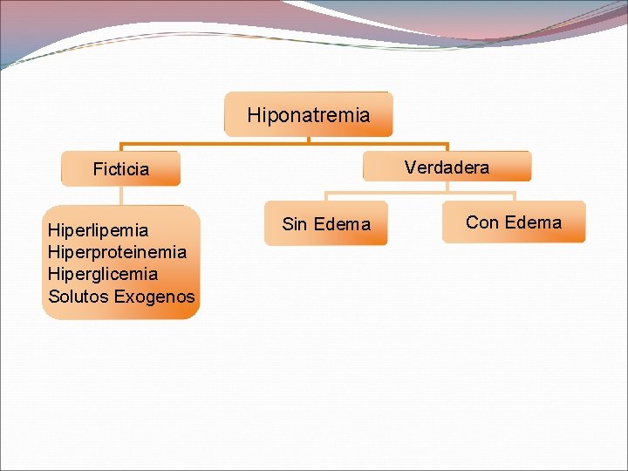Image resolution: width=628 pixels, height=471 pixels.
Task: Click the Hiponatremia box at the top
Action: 309,114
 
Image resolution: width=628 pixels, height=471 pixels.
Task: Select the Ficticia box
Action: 120,169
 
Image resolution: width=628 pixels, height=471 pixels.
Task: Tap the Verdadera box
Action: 447,167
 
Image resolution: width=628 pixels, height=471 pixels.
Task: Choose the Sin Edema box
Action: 326,224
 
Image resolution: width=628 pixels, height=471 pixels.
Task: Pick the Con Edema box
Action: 514,222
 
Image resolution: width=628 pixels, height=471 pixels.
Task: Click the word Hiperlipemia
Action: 99,230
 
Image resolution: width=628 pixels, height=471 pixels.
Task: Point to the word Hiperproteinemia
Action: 117,252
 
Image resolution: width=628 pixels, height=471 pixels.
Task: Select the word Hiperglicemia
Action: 103,274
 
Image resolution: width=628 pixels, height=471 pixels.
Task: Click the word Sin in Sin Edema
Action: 295,224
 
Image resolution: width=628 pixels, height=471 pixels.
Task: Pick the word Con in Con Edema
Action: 481,222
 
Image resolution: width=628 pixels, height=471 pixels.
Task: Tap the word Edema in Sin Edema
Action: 342,224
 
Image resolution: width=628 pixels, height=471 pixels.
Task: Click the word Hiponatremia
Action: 309,114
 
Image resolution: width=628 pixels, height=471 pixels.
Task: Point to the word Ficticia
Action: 120,169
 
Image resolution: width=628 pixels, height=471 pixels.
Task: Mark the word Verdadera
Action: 447,167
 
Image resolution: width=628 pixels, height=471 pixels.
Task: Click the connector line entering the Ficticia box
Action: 120,147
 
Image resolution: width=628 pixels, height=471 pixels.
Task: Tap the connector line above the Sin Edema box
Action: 326,196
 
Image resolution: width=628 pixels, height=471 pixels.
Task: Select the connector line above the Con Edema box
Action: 514,195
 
